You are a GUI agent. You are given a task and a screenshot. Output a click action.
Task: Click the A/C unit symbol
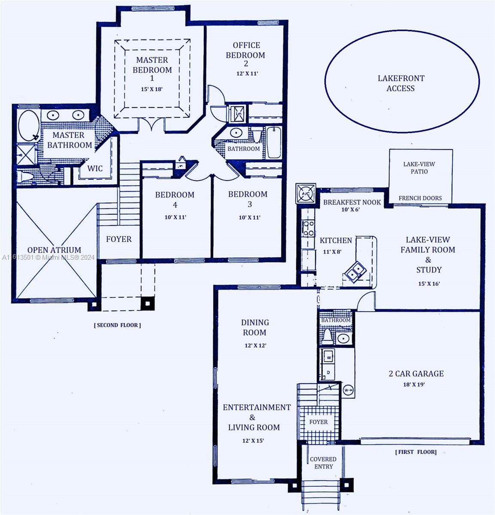click(306, 193)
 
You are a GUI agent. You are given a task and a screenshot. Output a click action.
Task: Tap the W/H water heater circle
click(348, 390)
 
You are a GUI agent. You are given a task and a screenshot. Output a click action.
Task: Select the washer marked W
click(328, 356)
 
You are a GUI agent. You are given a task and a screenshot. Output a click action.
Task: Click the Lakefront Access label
click(401, 83)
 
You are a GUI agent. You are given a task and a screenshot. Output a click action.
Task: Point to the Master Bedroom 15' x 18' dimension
click(152, 89)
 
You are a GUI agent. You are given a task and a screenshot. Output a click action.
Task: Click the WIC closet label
click(95, 168)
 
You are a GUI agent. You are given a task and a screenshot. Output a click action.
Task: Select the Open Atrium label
click(54, 250)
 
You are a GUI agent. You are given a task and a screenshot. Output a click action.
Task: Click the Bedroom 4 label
click(175, 199)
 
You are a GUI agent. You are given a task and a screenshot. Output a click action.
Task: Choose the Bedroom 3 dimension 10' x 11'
click(249, 217)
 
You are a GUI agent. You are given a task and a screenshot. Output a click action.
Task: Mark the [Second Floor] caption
click(117, 325)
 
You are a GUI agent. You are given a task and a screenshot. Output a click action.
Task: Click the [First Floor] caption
click(416, 452)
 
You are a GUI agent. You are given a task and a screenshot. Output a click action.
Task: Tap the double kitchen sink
click(356, 271)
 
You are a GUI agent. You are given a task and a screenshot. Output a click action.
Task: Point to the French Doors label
click(420, 198)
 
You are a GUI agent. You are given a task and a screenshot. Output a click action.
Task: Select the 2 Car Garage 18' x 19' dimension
click(413, 385)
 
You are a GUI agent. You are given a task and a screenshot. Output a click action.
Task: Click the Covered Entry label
click(323, 463)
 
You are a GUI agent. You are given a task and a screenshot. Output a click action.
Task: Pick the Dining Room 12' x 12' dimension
click(255, 345)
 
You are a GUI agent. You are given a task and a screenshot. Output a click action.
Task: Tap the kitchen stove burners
click(308, 228)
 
